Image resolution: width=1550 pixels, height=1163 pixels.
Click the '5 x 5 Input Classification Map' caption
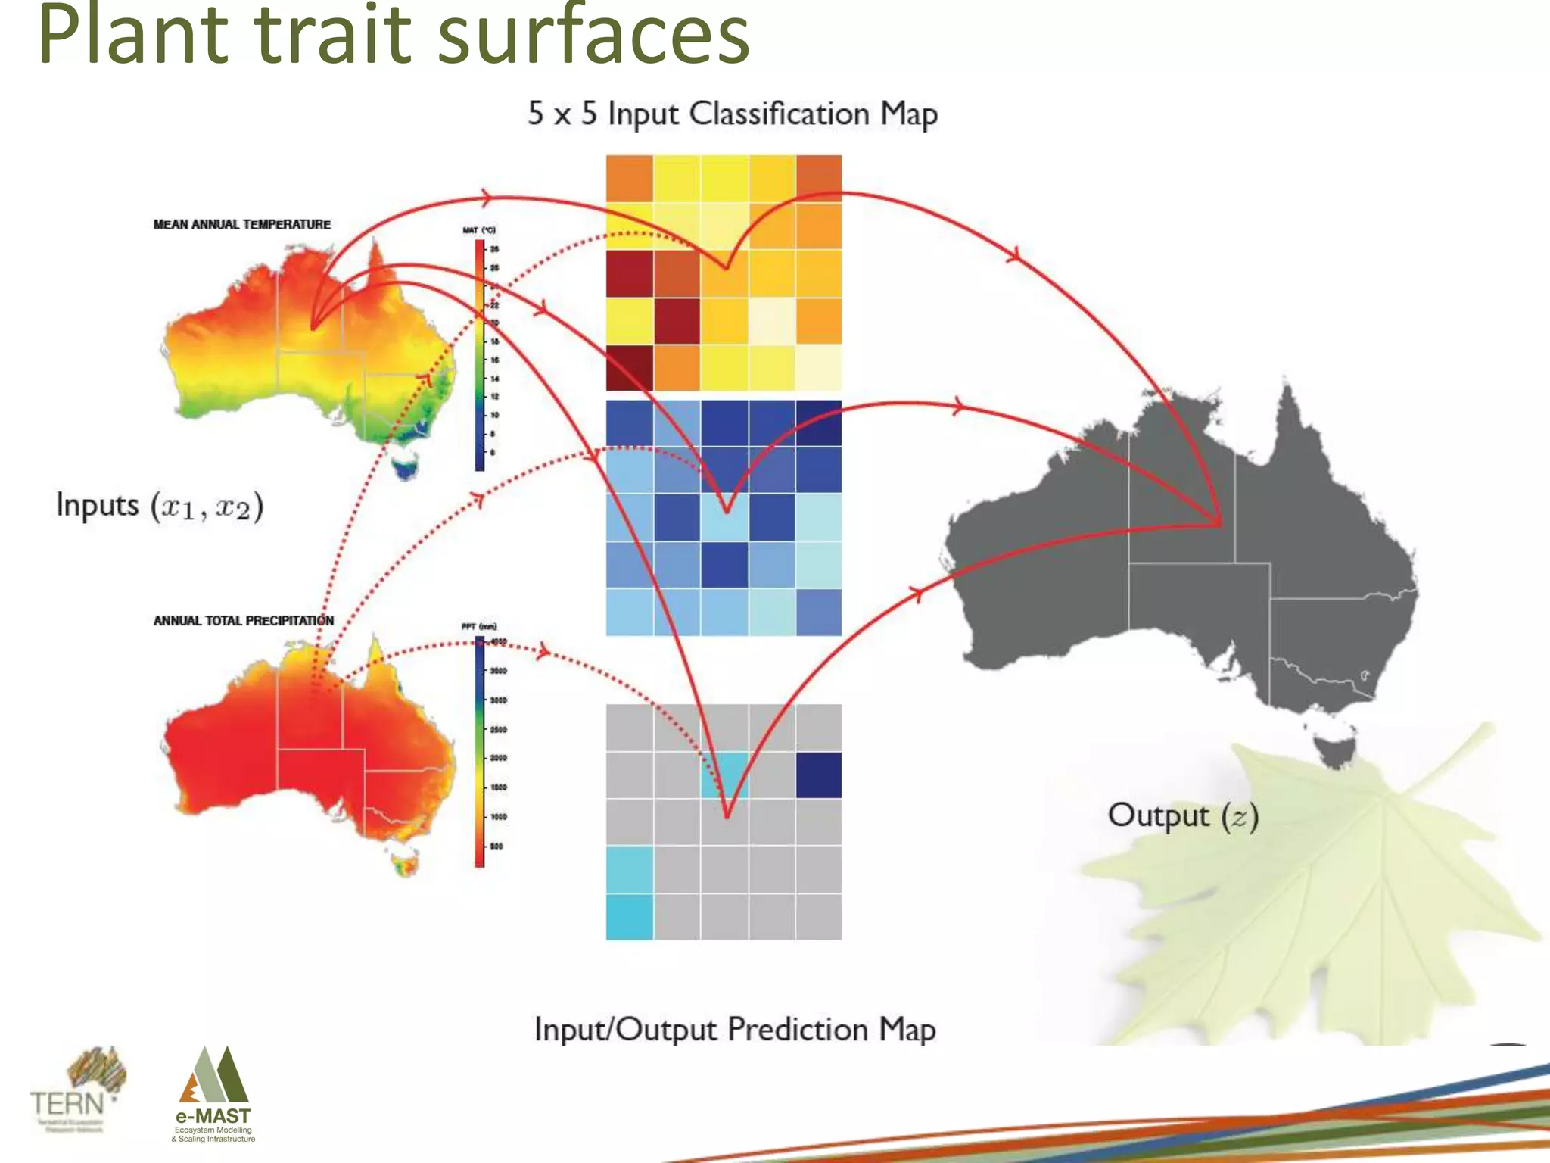[733, 114]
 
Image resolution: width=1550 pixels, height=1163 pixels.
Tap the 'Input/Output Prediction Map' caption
[735, 1030]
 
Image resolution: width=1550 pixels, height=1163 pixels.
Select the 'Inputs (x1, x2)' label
[160, 506]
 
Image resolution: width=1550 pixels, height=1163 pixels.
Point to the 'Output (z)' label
[1183, 815]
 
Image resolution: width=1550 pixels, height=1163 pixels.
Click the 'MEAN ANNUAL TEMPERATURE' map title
[241, 224]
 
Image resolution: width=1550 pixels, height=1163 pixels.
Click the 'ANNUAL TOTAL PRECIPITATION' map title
[243, 621]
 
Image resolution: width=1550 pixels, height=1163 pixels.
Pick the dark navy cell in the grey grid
[819, 775]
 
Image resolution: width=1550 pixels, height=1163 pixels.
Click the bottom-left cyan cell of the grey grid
[629, 917]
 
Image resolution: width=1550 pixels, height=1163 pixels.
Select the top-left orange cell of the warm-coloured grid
[629, 179]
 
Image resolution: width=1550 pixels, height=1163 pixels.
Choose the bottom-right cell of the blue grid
[819, 612]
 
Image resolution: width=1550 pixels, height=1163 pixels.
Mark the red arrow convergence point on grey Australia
[1219, 522]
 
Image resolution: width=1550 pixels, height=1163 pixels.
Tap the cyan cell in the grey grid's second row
[724, 775]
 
